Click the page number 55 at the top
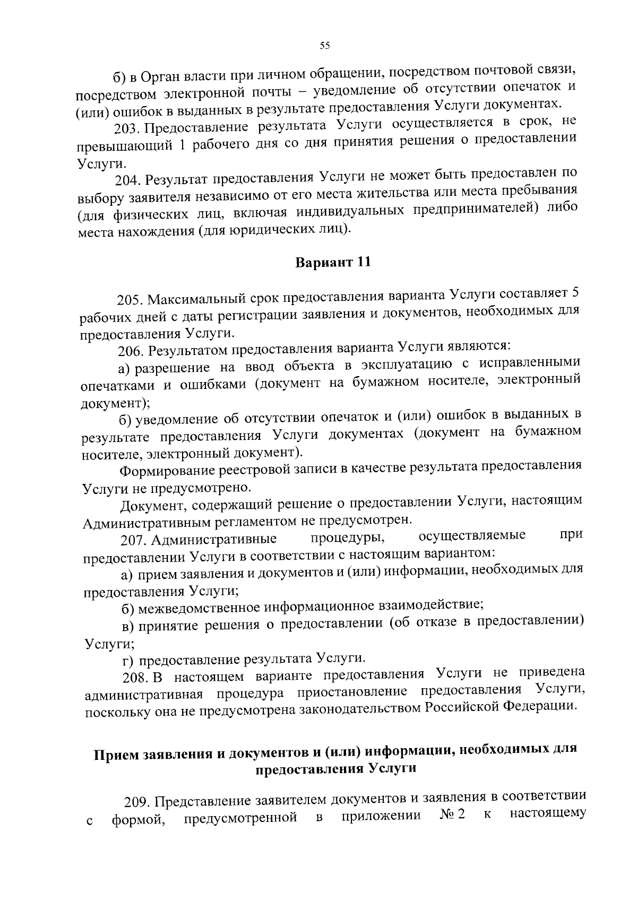tap(325, 46)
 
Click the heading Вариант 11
tap(332, 263)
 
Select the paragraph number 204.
tap(128, 180)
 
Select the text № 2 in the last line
tap(452, 815)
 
